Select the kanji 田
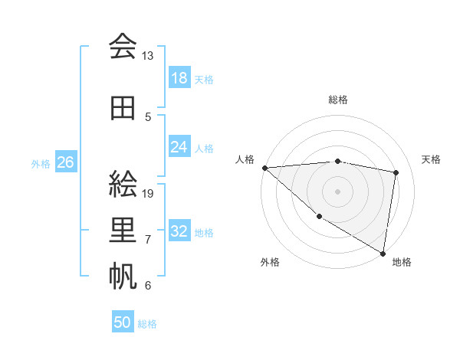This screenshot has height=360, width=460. tap(123, 107)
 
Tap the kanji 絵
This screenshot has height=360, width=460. tap(123, 184)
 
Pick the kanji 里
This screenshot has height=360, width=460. tap(123, 230)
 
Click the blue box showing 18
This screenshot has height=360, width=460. tap(179, 78)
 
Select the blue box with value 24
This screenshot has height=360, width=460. tap(179, 147)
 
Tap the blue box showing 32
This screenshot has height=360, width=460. tap(179, 231)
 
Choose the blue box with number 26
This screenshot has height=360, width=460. tap(66, 162)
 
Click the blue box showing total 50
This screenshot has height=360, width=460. tap(123, 322)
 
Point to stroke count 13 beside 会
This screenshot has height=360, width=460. tap(147, 56)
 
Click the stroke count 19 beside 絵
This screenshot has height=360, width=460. tap(148, 193)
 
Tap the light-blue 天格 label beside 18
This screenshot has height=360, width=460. tap(204, 79)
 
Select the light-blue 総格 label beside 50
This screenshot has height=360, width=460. tap(147, 324)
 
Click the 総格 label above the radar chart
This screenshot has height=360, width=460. tap(337, 100)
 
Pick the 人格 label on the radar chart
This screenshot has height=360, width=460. tap(245, 159)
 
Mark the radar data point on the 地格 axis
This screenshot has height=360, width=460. tap(383, 253)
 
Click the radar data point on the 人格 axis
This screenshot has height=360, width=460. tap(264, 168)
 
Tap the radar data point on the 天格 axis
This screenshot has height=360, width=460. tap(396, 172)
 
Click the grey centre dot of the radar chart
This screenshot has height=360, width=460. tap(337, 191)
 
